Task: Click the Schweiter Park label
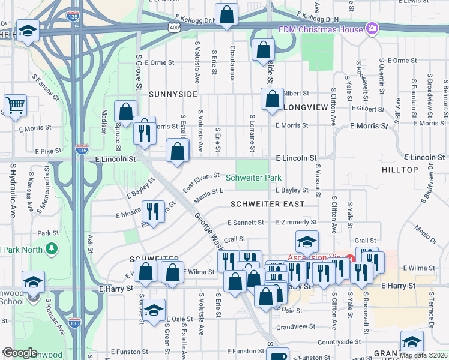253,178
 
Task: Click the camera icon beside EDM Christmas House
372,29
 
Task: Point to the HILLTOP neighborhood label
400,170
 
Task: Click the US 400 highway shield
174,28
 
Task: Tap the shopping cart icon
15,104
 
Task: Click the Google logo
20,353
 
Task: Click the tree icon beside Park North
52,248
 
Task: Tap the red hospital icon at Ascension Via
352,259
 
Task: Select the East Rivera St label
200,182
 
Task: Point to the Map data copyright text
423,355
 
